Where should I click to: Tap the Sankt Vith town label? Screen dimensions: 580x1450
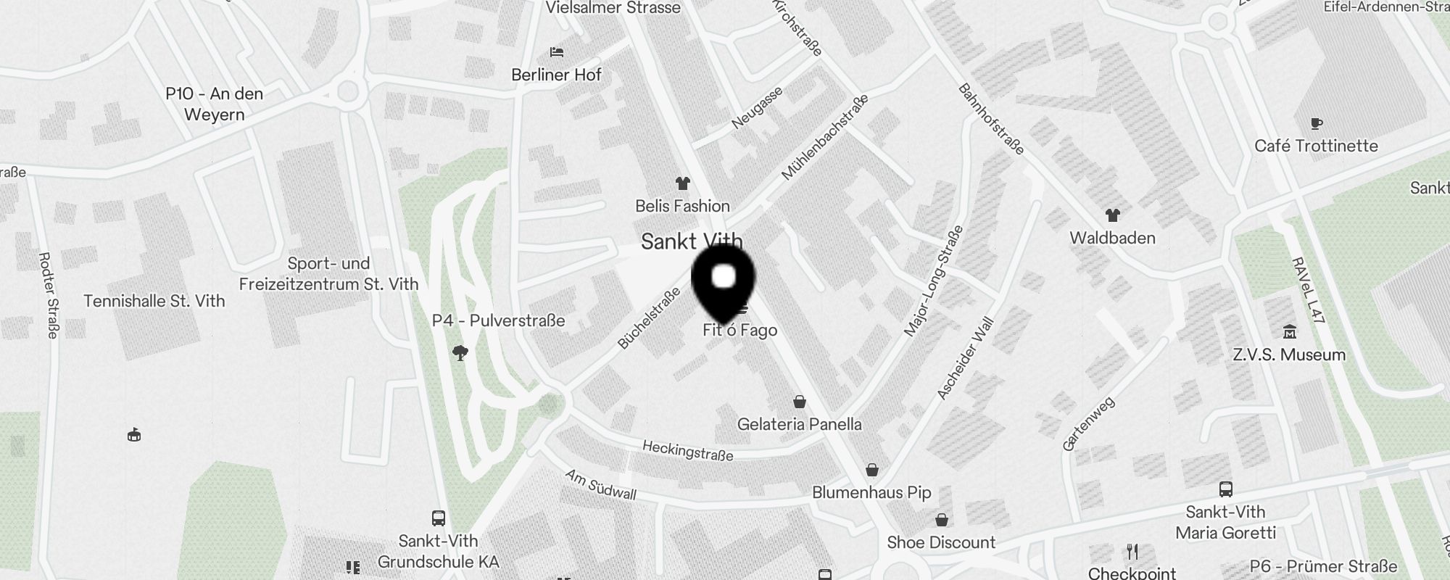tap(692, 241)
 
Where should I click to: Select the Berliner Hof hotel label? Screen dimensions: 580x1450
tap(556, 75)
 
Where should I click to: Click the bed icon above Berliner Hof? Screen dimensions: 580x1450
tap(557, 52)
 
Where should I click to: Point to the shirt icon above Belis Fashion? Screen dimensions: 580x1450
tap(682, 183)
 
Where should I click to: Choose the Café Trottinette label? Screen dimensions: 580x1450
tap(1316, 146)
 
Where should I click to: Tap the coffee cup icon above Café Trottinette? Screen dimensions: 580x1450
tap(1317, 124)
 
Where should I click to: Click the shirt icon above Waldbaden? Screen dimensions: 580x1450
tap(1112, 215)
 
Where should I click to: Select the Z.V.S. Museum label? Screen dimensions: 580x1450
tap(1289, 355)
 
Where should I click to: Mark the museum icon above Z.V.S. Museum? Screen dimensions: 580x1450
tap(1289, 333)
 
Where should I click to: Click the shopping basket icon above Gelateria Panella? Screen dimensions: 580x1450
tap(800, 402)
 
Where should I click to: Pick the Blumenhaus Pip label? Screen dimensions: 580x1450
tap(871, 492)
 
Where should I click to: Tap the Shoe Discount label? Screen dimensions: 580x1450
tap(941, 542)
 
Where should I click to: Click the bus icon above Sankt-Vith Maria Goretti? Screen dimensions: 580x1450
tap(1225, 489)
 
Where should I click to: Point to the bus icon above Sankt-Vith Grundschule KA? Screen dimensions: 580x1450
tap(438, 518)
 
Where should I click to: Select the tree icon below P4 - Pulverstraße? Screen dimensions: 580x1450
tap(460, 353)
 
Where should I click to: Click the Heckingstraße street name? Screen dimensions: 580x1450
tap(687, 450)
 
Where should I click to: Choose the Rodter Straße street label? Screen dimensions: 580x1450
tap(48, 295)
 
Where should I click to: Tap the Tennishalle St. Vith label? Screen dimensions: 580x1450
tap(154, 301)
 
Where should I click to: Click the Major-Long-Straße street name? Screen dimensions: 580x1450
tap(935, 281)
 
